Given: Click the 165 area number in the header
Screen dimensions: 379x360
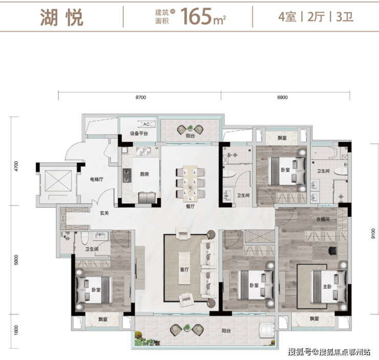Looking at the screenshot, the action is (x=196, y=16).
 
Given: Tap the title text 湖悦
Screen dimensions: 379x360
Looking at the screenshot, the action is (x=61, y=17).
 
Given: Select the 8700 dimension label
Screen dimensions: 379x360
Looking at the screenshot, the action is (x=141, y=97).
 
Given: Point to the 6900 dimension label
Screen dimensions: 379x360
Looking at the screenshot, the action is (x=282, y=97).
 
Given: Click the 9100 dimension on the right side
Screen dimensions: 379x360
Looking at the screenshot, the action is (x=373, y=233).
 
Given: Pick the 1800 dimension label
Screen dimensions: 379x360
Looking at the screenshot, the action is (x=16, y=330).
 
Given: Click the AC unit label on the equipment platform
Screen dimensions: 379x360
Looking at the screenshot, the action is (x=146, y=124).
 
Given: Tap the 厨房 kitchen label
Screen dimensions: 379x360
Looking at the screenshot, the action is (x=144, y=174).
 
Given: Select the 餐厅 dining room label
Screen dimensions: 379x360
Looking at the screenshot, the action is (x=190, y=206).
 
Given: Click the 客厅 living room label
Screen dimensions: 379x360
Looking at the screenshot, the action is (x=184, y=269).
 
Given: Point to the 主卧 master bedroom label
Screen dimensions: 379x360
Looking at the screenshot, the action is (x=327, y=286).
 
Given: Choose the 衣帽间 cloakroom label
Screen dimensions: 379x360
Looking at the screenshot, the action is (x=323, y=219).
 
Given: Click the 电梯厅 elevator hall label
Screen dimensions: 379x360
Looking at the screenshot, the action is (x=97, y=179).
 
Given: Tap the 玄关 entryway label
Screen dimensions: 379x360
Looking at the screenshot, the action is (x=104, y=213).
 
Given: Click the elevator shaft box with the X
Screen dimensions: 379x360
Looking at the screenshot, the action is (x=58, y=181).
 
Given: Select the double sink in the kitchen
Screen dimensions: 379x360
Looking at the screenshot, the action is (x=143, y=152).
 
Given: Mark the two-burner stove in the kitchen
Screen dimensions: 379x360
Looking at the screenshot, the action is (x=127, y=175).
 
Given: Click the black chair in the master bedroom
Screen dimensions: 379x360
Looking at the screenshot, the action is (x=332, y=251).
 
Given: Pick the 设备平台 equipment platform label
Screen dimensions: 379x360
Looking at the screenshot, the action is (x=139, y=133).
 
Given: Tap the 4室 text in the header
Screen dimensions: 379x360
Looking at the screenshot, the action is (x=287, y=17).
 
